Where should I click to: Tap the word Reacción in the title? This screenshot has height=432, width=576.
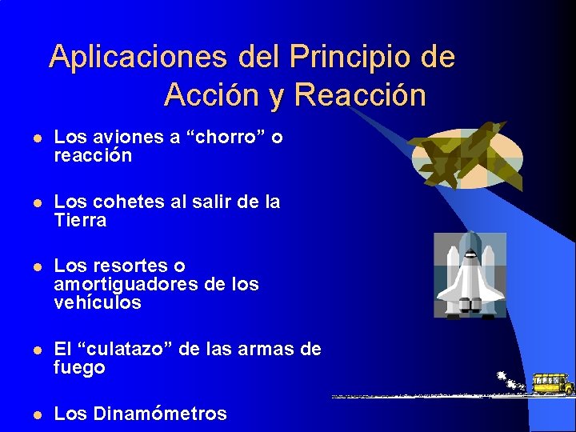click(360, 95)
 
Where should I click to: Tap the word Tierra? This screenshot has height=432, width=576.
click(80, 221)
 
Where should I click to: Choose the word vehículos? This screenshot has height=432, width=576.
click(97, 303)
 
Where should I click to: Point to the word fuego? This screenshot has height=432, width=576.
click(78, 368)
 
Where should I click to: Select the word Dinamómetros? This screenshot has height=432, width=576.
click(160, 414)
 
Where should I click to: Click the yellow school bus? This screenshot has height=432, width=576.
click(553, 384)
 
